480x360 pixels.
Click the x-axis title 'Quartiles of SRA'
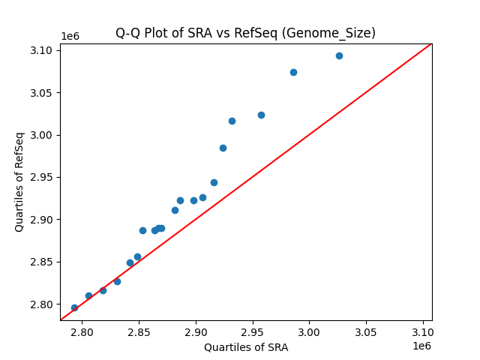(245, 347)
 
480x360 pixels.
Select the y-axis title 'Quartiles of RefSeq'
(19, 181)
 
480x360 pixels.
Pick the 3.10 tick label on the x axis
(422, 331)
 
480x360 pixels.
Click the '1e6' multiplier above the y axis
(70, 36)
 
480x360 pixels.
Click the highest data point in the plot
(339, 55)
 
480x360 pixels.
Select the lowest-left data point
(74, 307)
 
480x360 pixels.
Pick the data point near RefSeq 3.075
(293, 72)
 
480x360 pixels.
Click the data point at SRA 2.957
(261, 115)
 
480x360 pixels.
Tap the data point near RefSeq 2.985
(223, 148)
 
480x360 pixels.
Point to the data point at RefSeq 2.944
(214, 182)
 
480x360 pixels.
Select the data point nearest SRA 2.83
(117, 281)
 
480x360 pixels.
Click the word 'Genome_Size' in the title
(337, 33)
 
